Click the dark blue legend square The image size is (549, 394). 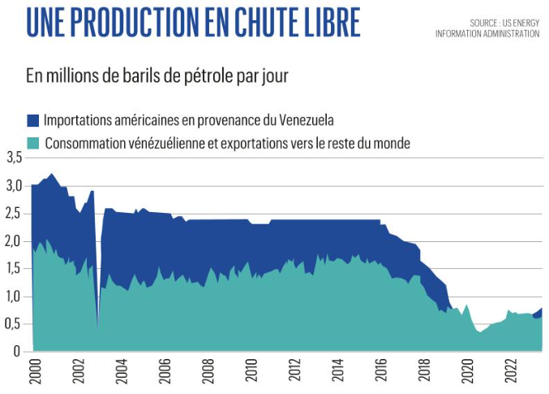click(32, 121)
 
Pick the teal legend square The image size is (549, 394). click(32, 143)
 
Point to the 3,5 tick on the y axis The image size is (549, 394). click(13, 157)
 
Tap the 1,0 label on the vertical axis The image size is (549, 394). click(13, 297)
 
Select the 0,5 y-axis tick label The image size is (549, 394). click(13, 325)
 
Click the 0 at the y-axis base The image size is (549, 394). click(16, 352)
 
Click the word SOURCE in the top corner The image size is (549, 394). click(487, 23)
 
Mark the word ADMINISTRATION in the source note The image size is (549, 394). click(509, 33)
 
